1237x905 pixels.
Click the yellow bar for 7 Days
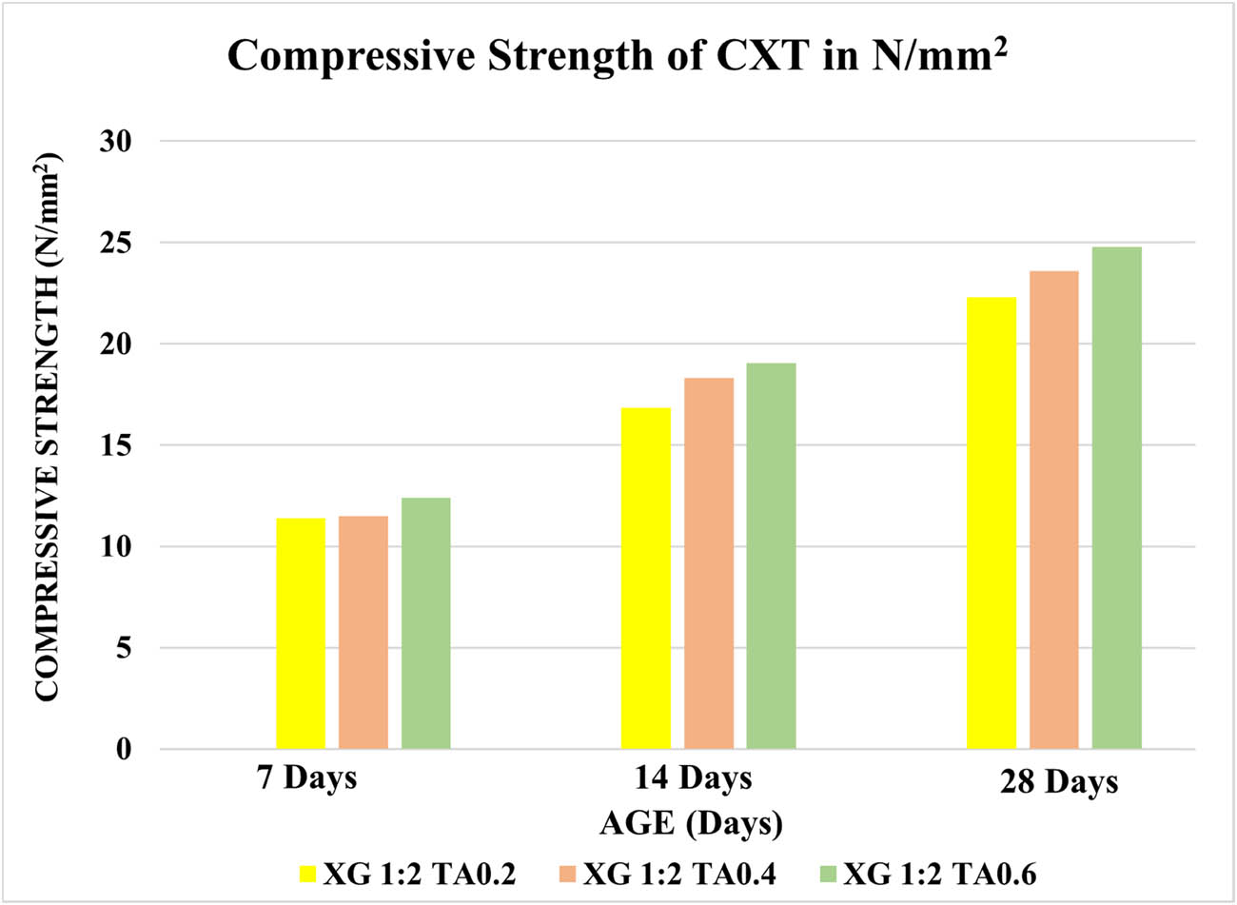301,634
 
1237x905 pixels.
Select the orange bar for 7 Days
363,633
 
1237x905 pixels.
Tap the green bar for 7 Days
425,623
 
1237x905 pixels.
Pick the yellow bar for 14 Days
646,579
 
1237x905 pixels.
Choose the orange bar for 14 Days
709,563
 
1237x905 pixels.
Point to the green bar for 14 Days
771,556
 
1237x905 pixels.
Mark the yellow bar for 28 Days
992,523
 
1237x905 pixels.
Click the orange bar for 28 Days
1054,510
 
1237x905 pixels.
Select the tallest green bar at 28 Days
1116,498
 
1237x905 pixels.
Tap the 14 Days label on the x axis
694,778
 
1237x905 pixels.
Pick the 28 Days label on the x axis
1059,783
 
